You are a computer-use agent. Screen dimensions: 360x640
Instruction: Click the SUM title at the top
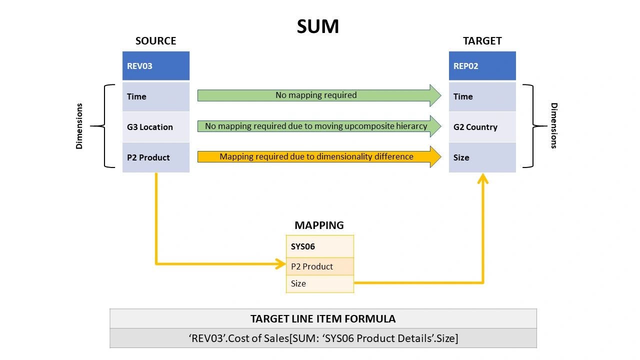point(318,26)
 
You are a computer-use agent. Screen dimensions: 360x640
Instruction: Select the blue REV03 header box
point(155,66)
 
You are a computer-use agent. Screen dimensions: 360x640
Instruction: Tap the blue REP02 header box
point(482,66)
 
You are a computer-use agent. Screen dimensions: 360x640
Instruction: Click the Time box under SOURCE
point(155,96)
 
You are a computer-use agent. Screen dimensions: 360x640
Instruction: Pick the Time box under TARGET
point(482,96)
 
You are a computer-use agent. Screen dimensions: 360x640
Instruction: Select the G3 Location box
point(155,127)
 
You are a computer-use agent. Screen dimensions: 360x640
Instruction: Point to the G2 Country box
point(482,127)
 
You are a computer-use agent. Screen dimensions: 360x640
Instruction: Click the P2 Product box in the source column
point(155,157)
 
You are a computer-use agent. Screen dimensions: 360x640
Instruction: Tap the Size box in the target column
point(482,157)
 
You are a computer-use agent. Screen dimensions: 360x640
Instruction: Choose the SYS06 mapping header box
point(319,246)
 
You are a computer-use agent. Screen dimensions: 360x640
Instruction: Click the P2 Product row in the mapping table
point(319,266)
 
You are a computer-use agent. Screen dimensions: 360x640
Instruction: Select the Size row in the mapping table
point(319,283)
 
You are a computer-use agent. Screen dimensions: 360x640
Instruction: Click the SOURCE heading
point(155,41)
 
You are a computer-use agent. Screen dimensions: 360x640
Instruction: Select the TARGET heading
point(482,41)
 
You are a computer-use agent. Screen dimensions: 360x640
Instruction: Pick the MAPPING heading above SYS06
point(319,225)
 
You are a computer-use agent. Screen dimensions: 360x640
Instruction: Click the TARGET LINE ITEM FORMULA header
point(323,318)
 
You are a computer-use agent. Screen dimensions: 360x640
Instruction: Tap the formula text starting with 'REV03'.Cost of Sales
point(323,338)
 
